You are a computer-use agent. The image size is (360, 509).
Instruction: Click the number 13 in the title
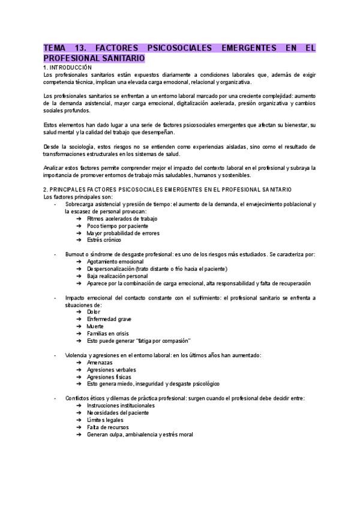pyautogui.click(x=78, y=48)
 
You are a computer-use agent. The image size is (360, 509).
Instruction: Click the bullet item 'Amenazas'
pyautogui.click(x=101, y=363)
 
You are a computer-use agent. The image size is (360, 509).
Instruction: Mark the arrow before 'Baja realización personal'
pyautogui.click(x=79, y=276)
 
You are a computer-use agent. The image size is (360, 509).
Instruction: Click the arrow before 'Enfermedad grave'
pyautogui.click(x=79, y=319)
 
